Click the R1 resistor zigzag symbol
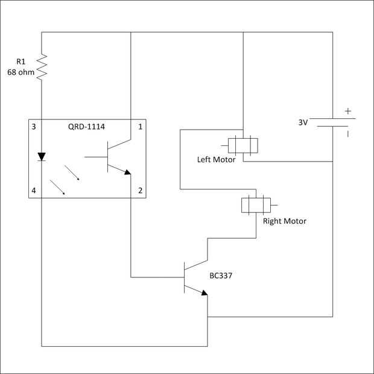click(42, 68)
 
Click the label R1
click(22, 60)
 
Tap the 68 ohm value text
click(21, 72)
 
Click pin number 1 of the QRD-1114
click(140, 127)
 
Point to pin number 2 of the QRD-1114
click(140, 191)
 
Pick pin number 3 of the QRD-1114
click(34, 127)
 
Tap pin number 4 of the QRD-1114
click(34, 191)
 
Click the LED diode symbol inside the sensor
click(42, 157)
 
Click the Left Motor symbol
click(242, 145)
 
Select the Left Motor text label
click(216, 160)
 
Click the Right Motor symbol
click(256, 204)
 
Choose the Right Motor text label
click(284, 221)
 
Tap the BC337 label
click(221, 276)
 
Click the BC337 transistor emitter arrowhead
click(204, 293)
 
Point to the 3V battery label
click(303, 122)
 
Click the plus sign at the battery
click(347, 111)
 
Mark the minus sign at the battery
click(347, 134)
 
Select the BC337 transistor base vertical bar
click(184, 277)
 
